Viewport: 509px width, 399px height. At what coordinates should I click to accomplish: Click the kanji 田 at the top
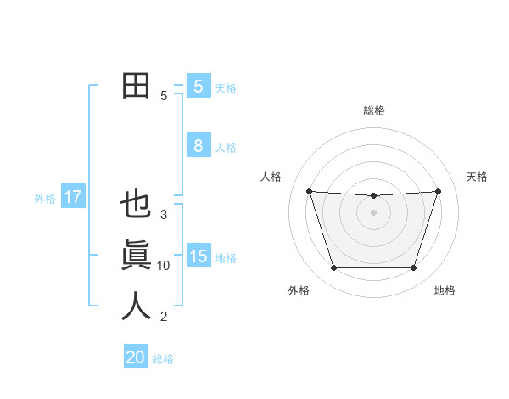click(x=136, y=87)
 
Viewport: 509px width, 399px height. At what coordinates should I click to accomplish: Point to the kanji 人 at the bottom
click(x=136, y=306)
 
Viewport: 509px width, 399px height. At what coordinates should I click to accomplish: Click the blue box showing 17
click(x=72, y=198)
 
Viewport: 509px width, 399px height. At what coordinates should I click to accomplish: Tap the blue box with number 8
click(x=198, y=146)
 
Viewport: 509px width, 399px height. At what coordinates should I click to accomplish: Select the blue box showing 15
click(x=198, y=256)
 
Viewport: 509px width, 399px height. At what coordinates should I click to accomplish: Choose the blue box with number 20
click(x=136, y=357)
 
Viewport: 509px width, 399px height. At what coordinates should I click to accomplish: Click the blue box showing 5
click(x=198, y=86)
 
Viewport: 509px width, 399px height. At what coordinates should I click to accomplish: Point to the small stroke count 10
click(x=164, y=266)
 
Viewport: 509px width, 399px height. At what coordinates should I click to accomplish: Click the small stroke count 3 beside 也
click(x=164, y=215)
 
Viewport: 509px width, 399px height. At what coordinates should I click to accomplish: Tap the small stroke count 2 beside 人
click(x=164, y=317)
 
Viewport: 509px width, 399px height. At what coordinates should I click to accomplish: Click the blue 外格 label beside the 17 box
click(x=45, y=199)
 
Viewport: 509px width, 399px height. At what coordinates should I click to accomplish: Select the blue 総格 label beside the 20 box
click(x=163, y=359)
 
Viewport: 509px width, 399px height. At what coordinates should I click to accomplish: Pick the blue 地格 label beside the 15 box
click(x=226, y=258)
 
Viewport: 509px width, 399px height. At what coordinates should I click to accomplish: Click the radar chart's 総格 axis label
click(x=373, y=110)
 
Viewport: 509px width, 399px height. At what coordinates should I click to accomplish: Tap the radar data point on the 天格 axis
click(x=438, y=191)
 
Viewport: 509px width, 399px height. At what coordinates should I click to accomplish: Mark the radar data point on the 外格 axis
click(x=333, y=268)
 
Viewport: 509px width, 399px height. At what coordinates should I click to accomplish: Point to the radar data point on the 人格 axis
click(x=309, y=191)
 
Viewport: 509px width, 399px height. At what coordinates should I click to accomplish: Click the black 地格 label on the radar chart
click(x=445, y=290)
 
